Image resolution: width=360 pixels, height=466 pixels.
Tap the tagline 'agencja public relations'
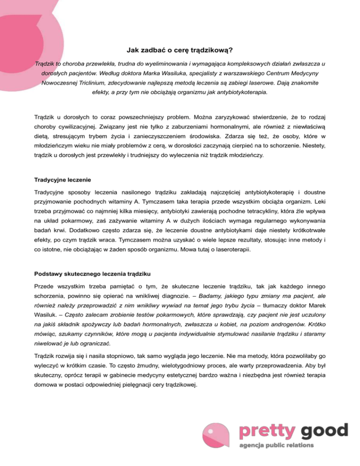[277, 445]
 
